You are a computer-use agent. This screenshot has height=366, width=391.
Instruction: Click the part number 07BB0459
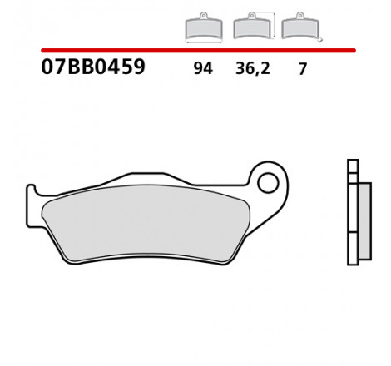(93, 67)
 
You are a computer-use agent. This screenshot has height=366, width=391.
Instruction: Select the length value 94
(203, 69)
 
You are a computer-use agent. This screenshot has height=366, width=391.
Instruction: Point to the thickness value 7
(303, 69)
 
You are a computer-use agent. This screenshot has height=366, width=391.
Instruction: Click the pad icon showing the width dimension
(199, 30)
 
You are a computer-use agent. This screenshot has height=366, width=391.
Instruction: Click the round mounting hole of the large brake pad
(267, 181)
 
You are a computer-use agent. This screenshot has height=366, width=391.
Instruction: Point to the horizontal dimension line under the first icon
(198, 42)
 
